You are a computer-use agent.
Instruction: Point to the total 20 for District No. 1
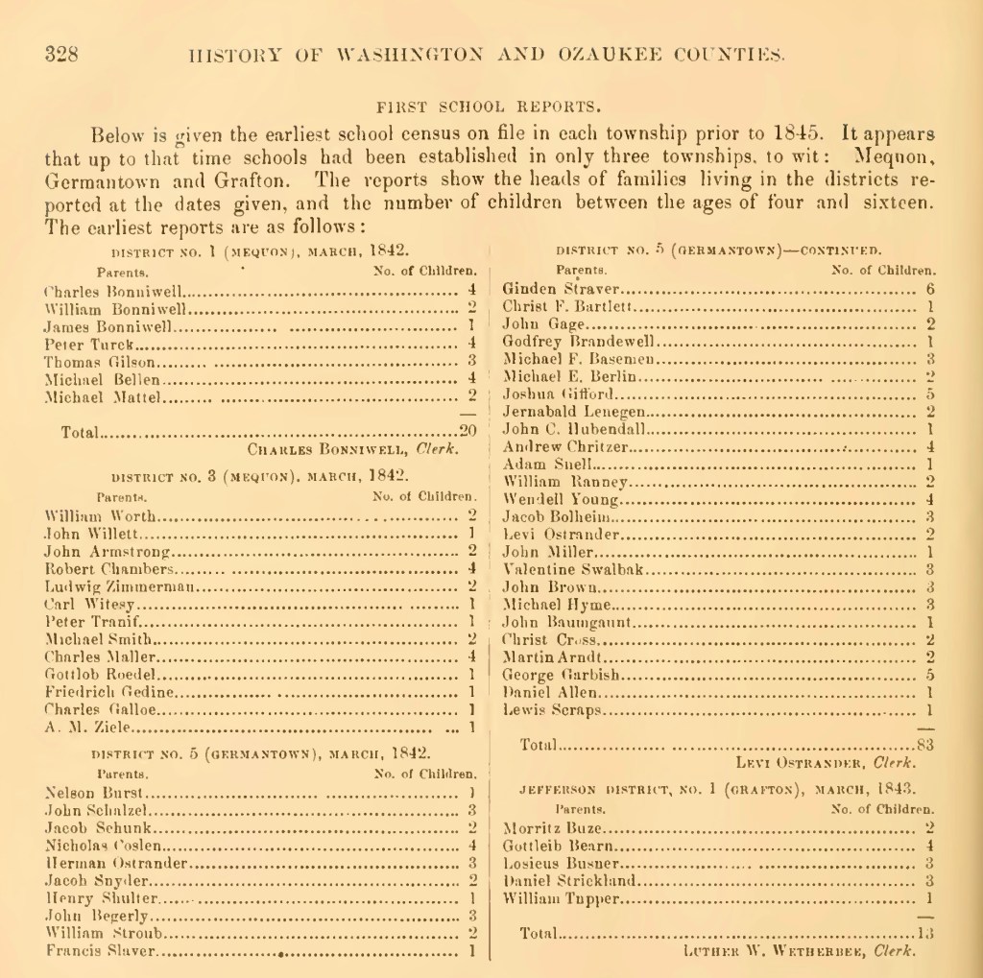click(x=468, y=432)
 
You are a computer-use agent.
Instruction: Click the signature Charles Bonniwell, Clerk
click(x=353, y=448)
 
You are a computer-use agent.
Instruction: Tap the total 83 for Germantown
click(x=925, y=744)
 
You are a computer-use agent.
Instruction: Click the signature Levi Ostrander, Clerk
click(x=824, y=763)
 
